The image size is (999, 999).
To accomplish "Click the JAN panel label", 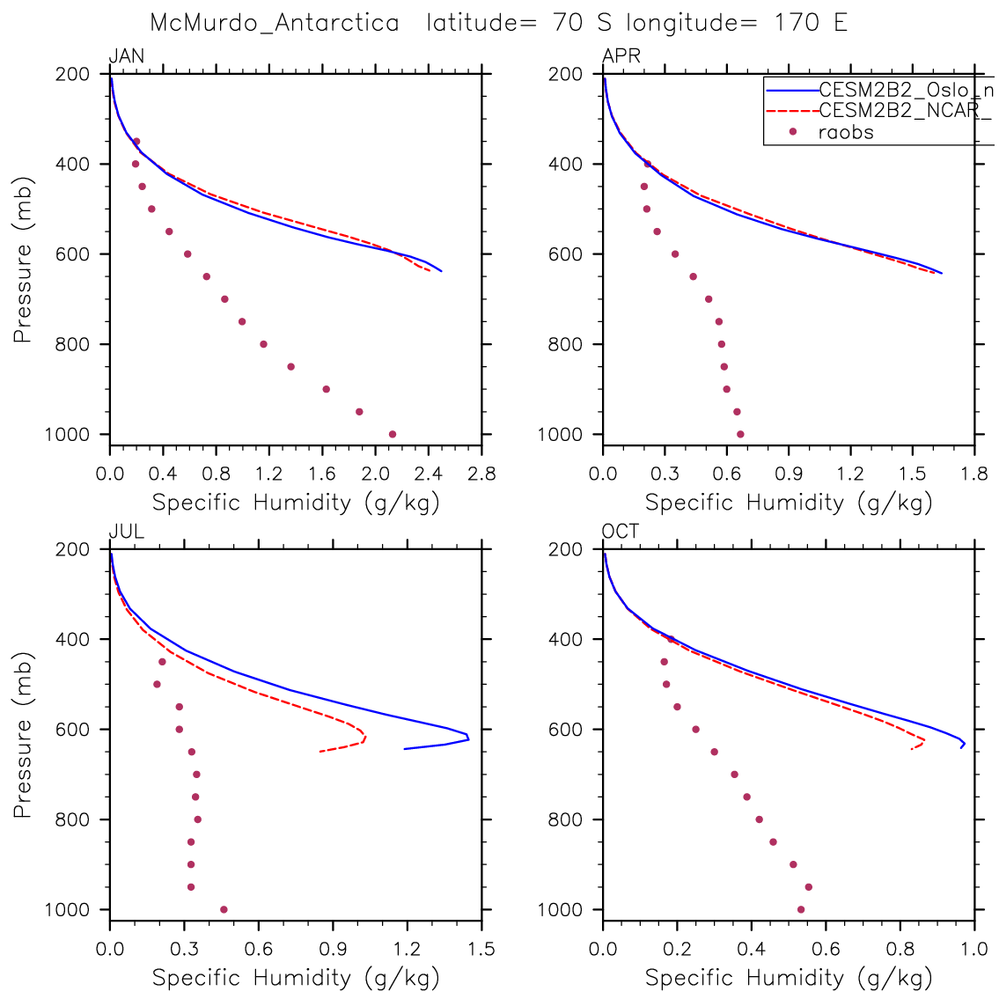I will coord(127,57).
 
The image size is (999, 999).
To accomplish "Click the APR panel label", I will coord(621,57).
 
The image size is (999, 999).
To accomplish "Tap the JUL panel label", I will coord(126,532).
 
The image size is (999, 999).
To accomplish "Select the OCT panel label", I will coord(621,532).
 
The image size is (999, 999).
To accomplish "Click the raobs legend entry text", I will coord(846,133).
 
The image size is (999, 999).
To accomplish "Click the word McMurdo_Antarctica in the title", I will coord(275,23).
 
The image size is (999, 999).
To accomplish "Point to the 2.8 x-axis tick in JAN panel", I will coord(481,475).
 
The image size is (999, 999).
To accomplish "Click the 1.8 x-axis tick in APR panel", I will coord(974,475).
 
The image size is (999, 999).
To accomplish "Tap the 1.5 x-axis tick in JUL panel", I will coord(481,950).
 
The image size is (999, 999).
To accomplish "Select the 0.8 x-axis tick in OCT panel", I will coord(900,950).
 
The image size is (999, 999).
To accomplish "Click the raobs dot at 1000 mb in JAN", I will coord(393,434).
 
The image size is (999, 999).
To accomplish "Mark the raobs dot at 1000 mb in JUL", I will coord(224,909).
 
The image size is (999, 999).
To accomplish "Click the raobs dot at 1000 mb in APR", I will coord(740,434).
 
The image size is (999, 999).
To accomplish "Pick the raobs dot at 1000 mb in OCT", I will coord(801,909).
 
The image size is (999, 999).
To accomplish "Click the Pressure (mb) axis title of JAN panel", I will coord(24,253).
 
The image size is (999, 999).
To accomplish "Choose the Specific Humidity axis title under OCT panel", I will coord(789,977).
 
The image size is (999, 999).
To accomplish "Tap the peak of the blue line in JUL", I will coord(469,738).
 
